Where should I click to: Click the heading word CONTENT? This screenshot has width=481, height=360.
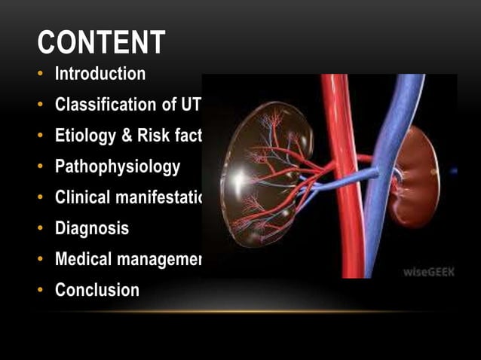101,42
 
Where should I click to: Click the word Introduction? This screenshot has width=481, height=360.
100,74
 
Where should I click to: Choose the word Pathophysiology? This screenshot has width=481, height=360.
118,166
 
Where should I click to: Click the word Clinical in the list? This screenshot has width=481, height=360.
82,198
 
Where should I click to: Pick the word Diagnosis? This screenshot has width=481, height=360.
92,228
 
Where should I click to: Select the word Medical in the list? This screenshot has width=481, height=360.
83,259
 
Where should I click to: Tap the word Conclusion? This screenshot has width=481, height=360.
97,290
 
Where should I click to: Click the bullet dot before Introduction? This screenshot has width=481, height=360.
41,75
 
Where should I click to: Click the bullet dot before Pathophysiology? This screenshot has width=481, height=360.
41,167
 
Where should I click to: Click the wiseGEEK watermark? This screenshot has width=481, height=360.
428,270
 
